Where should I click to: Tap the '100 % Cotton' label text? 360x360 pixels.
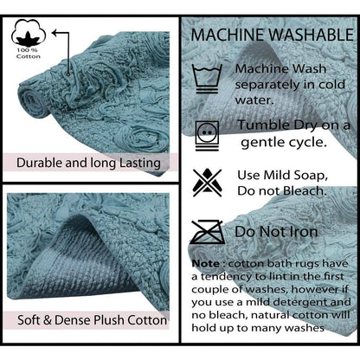click(x=29, y=54)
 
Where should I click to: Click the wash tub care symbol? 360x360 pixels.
click(x=207, y=79)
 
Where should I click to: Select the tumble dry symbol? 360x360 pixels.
click(x=207, y=136)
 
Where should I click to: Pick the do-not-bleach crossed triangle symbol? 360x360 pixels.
click(x=208, y=183)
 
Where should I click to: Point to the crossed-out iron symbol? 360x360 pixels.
click(x=207, y=232)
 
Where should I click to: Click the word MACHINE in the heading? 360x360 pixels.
click(x=229, y=35)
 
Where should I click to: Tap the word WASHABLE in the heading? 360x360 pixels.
click(x=312, y=35)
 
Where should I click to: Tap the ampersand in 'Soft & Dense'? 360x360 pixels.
click(x=48, y=320)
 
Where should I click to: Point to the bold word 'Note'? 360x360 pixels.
click(x=206, y=264)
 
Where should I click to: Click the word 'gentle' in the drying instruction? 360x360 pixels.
click(x=262, y=143)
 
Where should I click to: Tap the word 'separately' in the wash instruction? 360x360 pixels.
click(x=267, y=86)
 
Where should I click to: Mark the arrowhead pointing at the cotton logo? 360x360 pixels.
click(x=55, y=33)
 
